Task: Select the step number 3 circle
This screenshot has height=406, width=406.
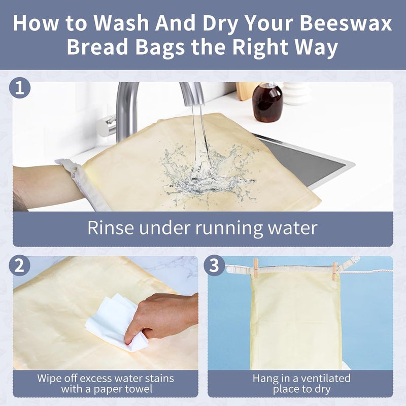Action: point(215,266)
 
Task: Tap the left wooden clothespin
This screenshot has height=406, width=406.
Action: point(256,267)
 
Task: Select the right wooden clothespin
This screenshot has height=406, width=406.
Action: point(334,270)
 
